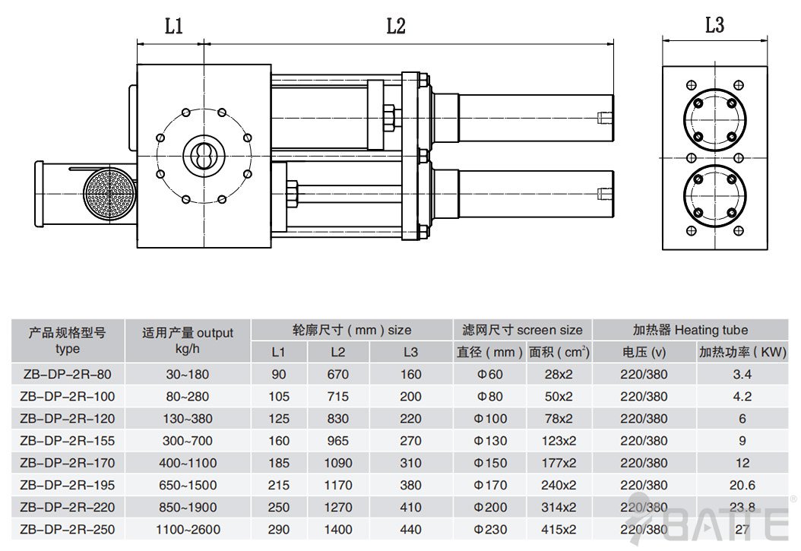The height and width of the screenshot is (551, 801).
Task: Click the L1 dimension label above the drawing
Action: point(174,27)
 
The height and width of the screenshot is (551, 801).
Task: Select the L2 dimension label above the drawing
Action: point(396,27)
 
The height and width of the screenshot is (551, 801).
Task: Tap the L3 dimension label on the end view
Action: point(714,25)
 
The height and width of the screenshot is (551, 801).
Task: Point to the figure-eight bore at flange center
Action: point(204,155)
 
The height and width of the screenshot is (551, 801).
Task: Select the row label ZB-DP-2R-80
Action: point(65,374)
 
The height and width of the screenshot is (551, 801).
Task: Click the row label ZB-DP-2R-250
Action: point(65,529)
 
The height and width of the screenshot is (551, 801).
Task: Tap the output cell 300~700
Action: point(179,441)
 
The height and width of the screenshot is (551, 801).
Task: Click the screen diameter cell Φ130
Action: point(490,441)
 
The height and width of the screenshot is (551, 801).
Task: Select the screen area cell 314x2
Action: point(559,507)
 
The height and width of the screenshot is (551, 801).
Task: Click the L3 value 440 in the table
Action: point(410,529)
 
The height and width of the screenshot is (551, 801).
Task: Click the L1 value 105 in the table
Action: point(278,396)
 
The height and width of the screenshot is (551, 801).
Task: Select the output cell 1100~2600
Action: point(179,529)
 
